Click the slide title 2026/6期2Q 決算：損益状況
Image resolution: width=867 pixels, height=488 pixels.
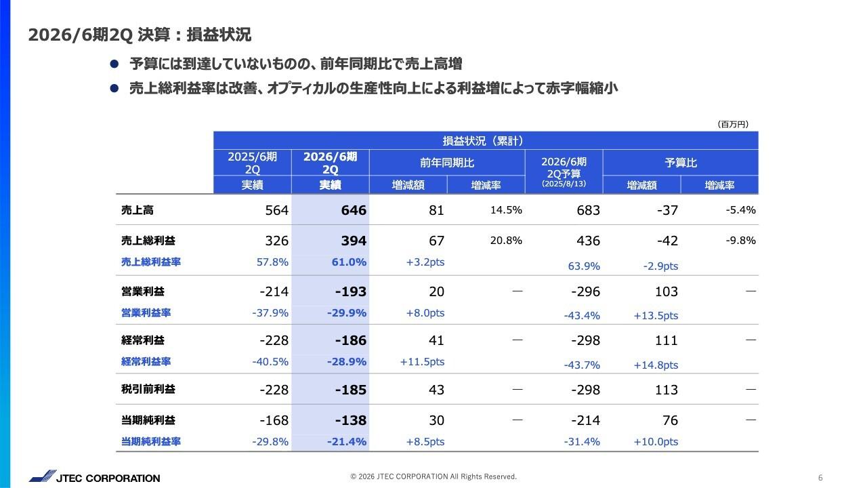pos(140,35)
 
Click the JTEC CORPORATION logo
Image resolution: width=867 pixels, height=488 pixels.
pos(94,478)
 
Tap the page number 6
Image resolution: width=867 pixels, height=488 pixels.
pos(820,477)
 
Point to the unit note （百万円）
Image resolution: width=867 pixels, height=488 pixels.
pos(732,124)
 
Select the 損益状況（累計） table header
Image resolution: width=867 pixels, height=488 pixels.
pos(486,141)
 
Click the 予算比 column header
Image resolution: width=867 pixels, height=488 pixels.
pos(680,163)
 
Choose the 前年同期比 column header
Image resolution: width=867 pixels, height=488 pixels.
pos(447,163)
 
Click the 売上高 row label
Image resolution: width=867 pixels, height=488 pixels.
pos(138,210)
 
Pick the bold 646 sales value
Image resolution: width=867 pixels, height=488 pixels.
pos(353,211)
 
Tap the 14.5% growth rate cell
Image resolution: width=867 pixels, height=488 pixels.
pos(506,210)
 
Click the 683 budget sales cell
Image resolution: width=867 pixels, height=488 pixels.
pos(587,211)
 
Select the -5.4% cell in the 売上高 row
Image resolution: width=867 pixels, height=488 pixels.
pos(740,210)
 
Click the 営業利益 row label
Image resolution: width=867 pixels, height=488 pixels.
pos(142,291)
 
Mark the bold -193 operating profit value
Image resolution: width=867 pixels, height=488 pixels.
pos(350,292)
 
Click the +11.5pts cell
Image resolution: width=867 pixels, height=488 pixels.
pos(422,362)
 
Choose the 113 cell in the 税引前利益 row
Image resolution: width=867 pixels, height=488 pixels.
pos(666,390)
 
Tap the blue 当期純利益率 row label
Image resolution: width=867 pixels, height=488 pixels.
pos(151,442)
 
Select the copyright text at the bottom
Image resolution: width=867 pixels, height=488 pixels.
pos(433,476)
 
